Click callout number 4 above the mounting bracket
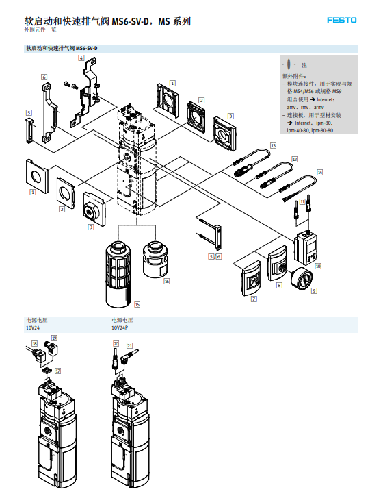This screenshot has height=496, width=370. coord(81,58)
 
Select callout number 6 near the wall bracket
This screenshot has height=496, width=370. coord(44,77)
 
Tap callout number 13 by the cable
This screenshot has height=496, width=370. coord(273,146)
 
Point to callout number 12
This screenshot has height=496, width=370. coord(294,158)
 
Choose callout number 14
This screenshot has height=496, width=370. coord(319,172)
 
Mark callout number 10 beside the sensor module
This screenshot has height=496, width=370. coord(318,265)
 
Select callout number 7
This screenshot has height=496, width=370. coord(254,299)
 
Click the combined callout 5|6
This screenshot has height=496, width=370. coord(215,256)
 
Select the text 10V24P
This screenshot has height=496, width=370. coord(121,327)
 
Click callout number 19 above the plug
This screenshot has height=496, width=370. coord(54,338)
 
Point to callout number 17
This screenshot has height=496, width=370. coord(58,371)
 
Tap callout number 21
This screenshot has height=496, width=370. coord(130,345)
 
